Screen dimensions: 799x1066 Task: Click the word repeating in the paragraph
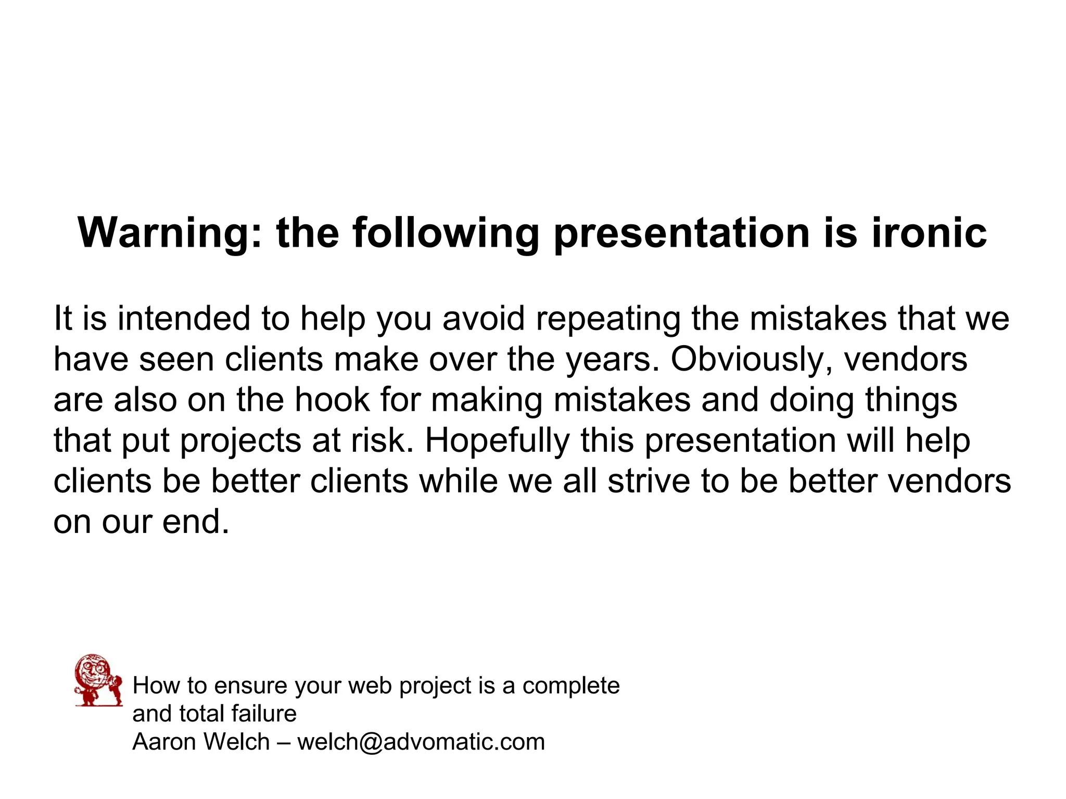coord(608,319)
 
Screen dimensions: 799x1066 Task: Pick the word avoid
coord(484,319)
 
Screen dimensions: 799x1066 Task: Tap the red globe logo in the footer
coord(98,680)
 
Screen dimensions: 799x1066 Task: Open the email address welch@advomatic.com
coord(421,742)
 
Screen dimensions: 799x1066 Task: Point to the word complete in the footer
coord(571,686)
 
